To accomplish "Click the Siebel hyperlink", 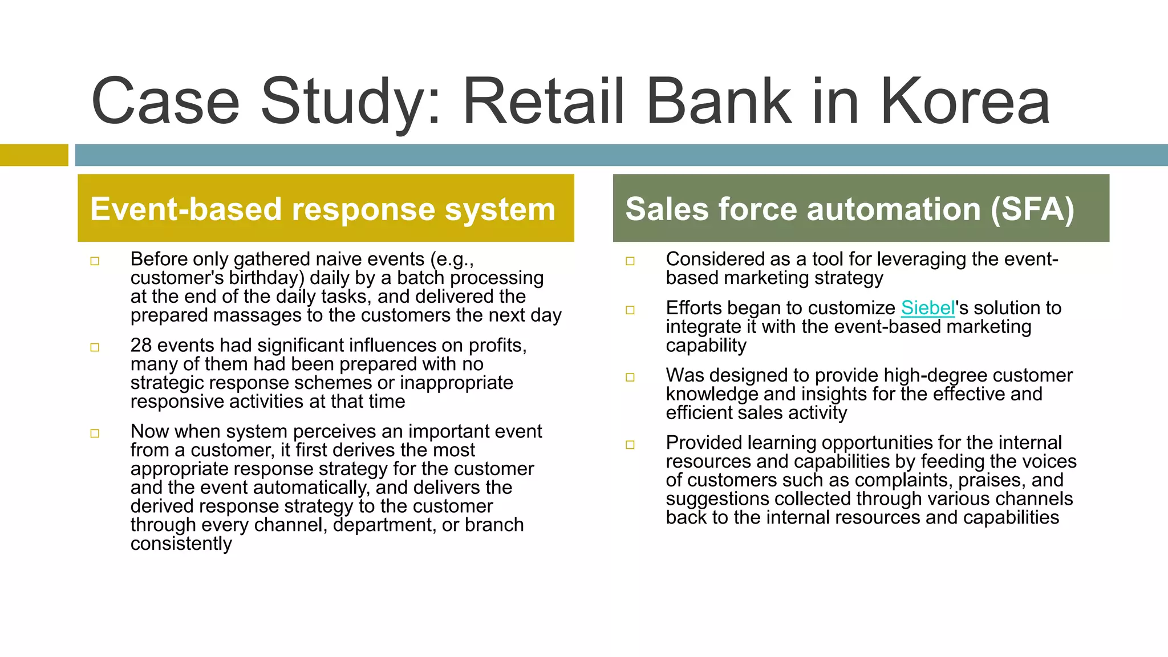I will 927,308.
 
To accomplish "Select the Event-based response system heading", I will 323,209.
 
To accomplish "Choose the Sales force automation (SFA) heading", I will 850,209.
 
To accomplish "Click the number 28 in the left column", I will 141,346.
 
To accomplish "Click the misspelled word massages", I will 264,315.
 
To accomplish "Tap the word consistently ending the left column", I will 181,544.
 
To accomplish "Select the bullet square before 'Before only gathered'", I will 95,261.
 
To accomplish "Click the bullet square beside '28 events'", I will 95,347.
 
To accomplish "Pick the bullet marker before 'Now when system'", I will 95,433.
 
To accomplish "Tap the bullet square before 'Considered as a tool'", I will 630,261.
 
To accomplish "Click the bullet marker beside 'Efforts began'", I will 630,310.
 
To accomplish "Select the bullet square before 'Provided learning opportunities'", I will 630,445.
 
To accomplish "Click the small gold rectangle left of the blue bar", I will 34,155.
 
